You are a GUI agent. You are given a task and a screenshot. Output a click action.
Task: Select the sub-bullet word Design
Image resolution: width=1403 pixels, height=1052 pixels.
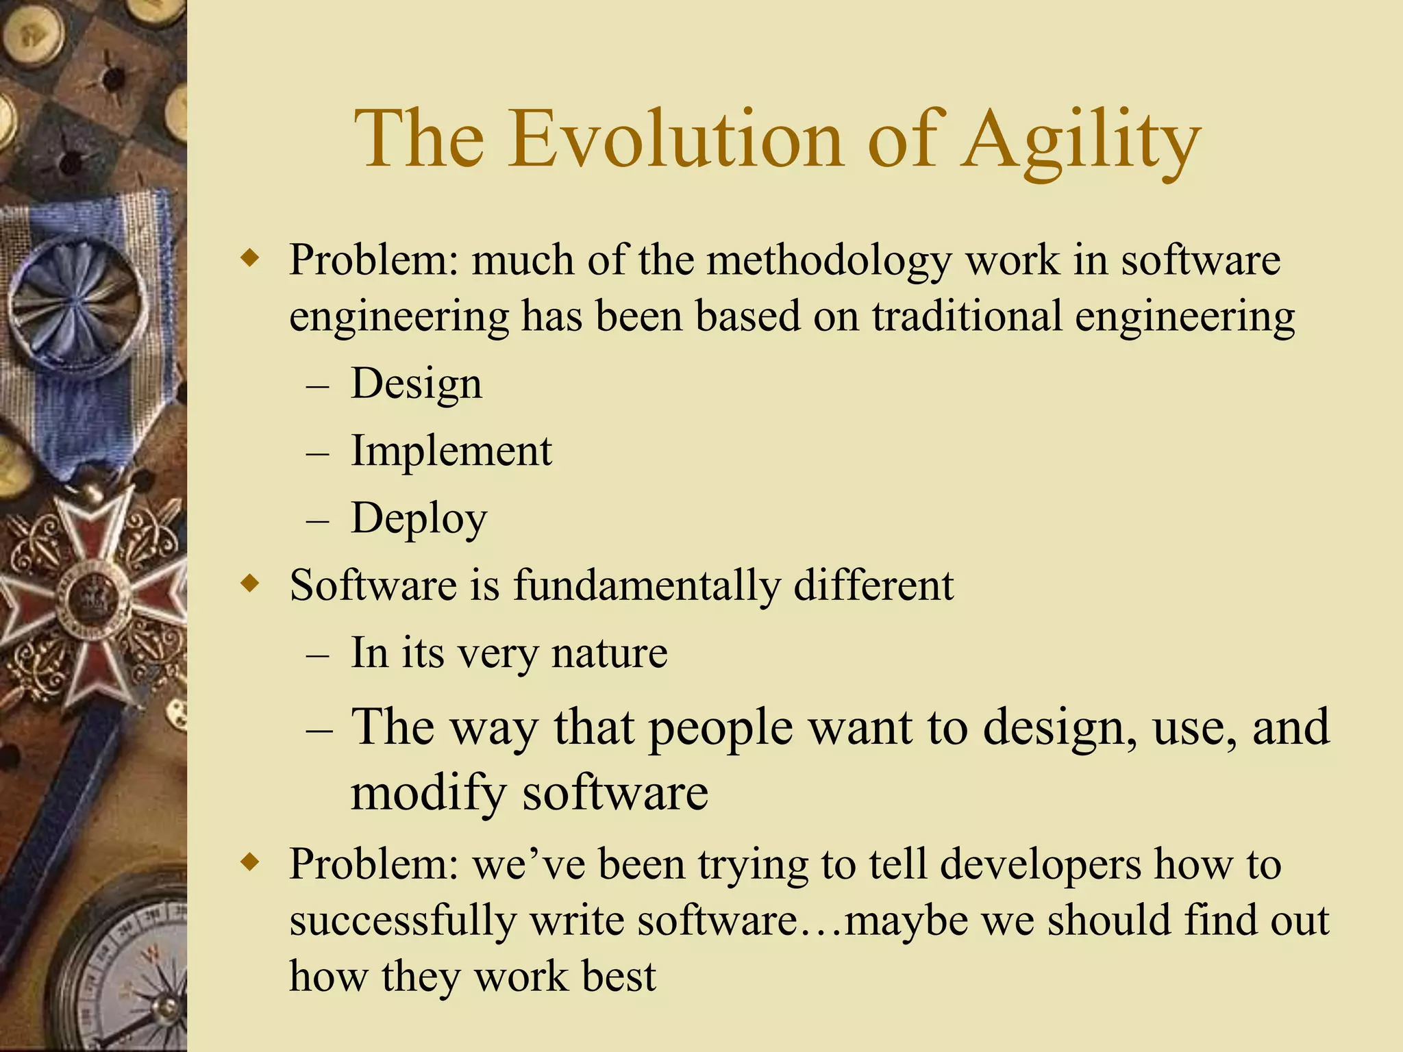pyautogui.click(x=416, y=384)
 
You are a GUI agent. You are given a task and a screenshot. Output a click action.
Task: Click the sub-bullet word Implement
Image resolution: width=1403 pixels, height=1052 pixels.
pyautogui.click(x=451, y=451)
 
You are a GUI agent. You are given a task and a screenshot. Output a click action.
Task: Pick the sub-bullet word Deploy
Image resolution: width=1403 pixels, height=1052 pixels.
pyautogui.click(x=419, y=519)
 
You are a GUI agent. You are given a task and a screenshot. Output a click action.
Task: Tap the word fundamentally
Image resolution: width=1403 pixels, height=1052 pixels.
pyautogui.click(x=647, y=586)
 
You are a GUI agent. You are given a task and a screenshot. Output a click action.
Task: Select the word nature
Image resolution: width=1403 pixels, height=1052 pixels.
pyautogui.click(x=609, y=653)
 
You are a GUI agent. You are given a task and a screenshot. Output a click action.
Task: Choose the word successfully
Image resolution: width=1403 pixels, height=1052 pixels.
pyautogui.click(x=403, y=921)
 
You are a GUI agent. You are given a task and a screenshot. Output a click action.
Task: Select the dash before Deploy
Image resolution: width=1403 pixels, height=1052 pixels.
pyautogui.click(x=318, y=521)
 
